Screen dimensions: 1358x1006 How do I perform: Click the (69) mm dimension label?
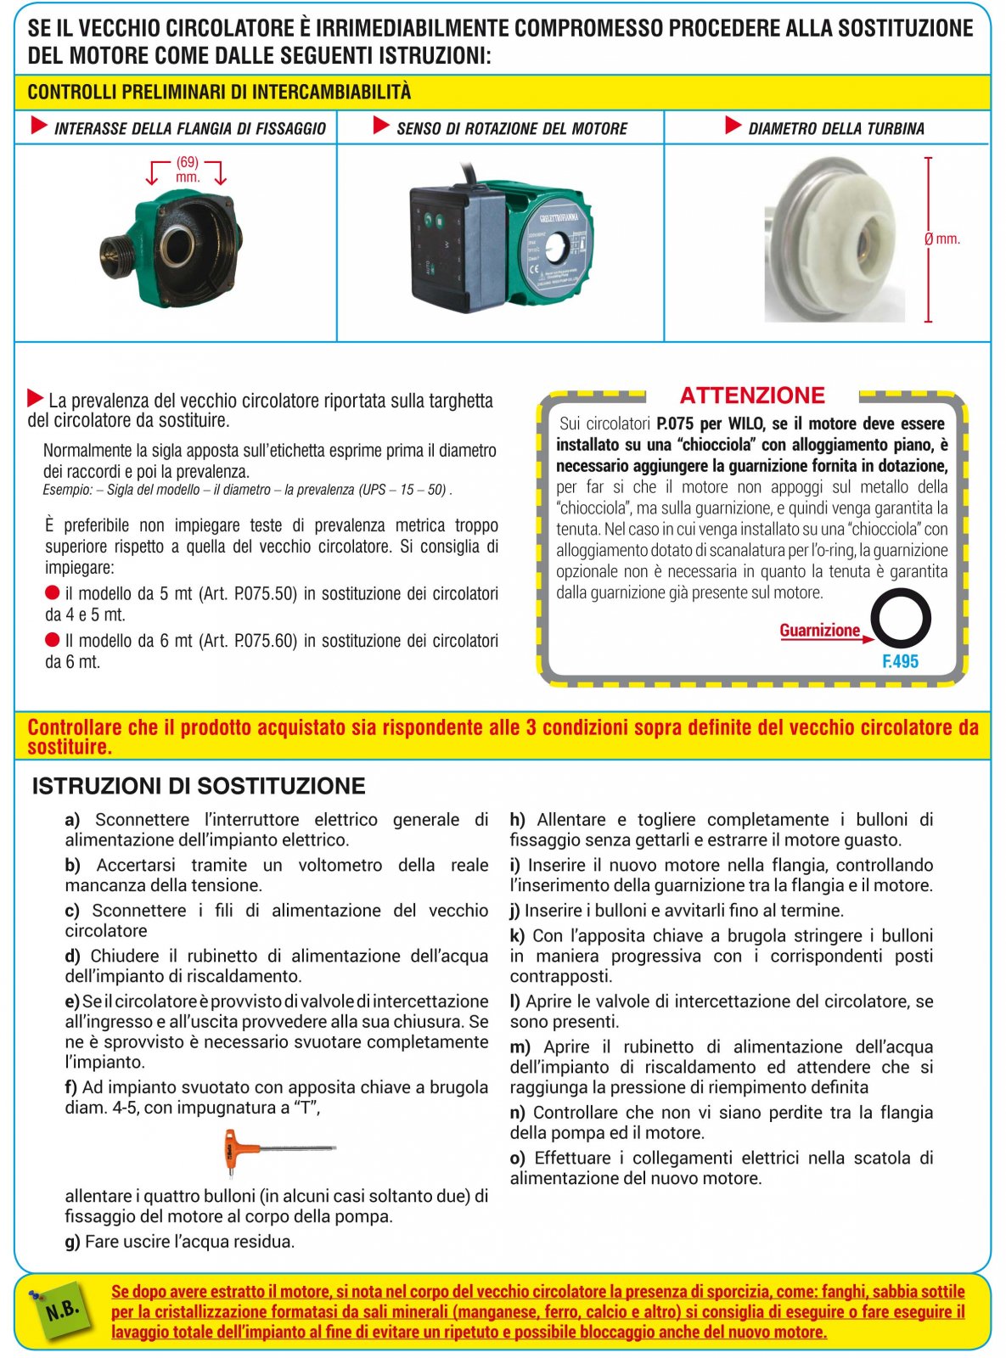(188, 169)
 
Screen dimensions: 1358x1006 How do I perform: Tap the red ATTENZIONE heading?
(752, 396)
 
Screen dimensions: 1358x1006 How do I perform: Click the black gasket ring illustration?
(901, 619)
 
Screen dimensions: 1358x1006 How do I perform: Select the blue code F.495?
(900, 662)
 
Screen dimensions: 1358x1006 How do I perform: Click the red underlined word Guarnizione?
(819, 631)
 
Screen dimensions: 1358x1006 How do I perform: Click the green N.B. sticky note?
(63, 1310)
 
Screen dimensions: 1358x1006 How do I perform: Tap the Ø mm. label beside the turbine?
(942, 239)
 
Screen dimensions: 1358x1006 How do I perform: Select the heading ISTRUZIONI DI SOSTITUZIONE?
(199, 786)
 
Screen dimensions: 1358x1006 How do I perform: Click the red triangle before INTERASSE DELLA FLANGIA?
(39, 126)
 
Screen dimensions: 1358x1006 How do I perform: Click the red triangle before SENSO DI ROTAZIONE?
(381, 126)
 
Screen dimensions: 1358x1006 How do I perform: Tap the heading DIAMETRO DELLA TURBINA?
(835, 129)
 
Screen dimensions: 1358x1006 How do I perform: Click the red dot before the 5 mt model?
(53, 592)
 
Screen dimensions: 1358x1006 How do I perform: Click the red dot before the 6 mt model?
(53, 640)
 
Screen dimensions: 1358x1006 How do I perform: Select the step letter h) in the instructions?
(517, 820)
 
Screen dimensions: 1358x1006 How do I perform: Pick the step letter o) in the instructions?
(517, 1159)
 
